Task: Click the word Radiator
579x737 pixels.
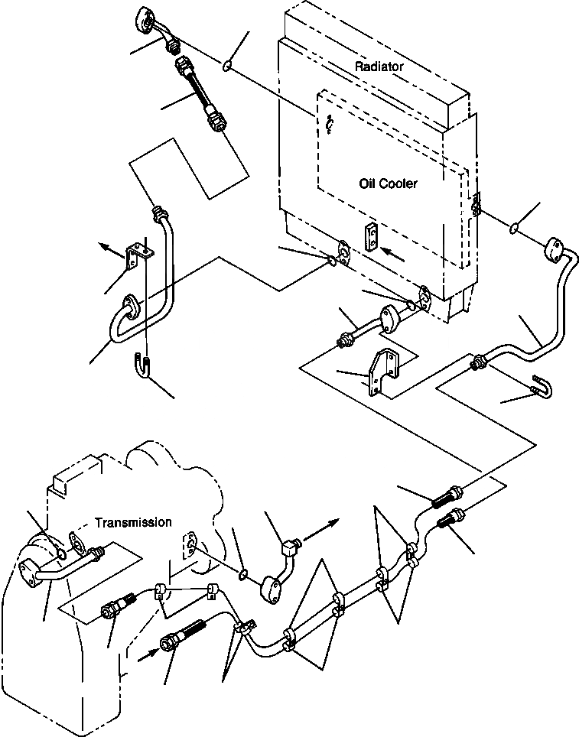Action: [x=379, y=67]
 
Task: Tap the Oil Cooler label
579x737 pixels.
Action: [x=388, y=183]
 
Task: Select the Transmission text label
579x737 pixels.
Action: [x=133, y=522]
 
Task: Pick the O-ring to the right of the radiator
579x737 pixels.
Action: [x=516, y=227]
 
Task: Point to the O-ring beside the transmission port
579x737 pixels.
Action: [x=243, y=573]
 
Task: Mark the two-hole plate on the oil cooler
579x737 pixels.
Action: [x=371, y=236]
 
